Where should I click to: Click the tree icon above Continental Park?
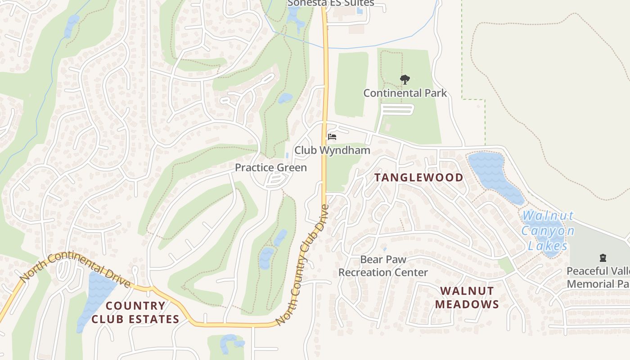[405, 80]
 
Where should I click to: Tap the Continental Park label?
[405, 93]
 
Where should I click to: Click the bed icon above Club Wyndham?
[332, 137]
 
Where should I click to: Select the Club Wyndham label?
[332, 150]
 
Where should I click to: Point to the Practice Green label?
[271, 168]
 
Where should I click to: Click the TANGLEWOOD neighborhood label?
[418, 177]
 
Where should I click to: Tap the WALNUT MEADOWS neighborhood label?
[467, 297]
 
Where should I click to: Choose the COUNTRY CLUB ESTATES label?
[135, 312]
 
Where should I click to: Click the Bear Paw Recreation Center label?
[383, 266]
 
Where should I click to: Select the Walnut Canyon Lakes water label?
[548, 231]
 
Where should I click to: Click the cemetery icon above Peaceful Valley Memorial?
[603, 258]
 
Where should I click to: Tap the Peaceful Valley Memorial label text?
[598, 278]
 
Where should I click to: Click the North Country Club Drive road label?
[302, 265]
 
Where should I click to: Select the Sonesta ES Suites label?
[331, 3]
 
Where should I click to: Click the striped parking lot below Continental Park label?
[397, 109]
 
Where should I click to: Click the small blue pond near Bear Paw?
[384, 248]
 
